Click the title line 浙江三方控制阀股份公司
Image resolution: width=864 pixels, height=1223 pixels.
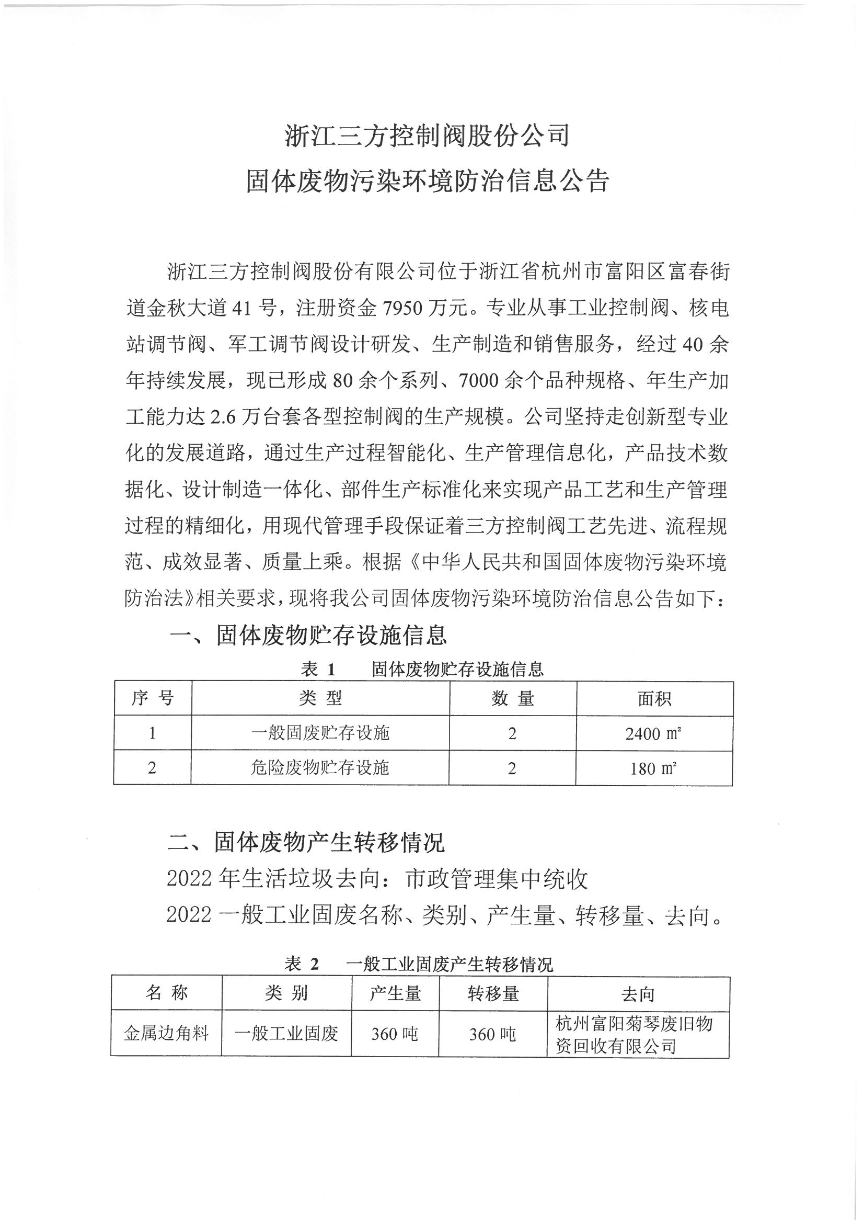(428, 135)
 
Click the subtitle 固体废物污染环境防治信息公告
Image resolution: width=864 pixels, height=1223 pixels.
(428, 181)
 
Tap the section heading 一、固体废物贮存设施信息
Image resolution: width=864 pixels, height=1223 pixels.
(308, 635)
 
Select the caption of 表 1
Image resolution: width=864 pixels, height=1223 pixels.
(422, 669)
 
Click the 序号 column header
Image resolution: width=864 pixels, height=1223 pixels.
(152, 698)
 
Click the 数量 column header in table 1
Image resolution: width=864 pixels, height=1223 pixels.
(512, 698)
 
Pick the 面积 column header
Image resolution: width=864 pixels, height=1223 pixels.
(654, 698)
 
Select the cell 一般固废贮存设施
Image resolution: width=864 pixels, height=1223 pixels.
(320, 733)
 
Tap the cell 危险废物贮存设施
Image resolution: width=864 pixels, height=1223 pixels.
(320, 767)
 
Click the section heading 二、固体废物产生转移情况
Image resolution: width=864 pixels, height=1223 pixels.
(306, 842)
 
